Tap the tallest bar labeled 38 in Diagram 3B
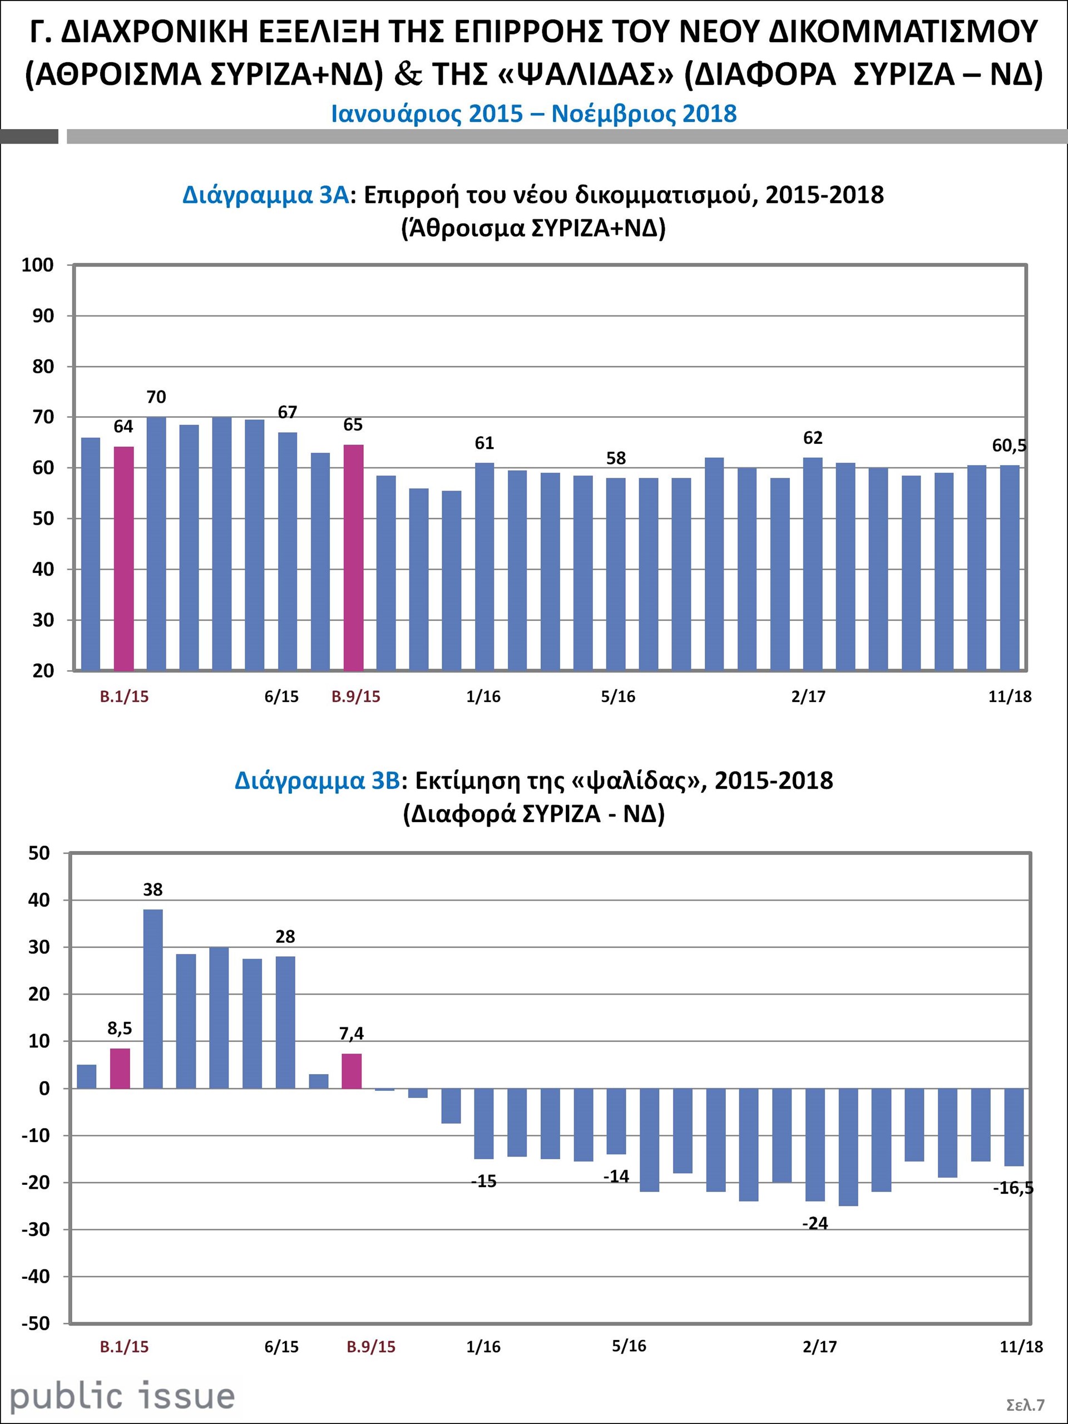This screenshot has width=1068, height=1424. [x=152, y=998]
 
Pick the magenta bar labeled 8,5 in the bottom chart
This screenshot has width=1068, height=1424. [x=120, y=1069]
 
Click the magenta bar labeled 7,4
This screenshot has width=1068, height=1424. [x=352, y=1071]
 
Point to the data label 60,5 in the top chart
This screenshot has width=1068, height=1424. [x=1009, y=446]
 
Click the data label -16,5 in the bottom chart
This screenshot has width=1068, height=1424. [x=1012, y=1188]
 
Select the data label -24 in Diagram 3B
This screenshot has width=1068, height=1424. [x=815, y=1223]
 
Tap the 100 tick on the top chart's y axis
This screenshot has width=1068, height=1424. [x=37, y=265]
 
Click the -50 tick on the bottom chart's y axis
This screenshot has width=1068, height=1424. [x=36, y=1323]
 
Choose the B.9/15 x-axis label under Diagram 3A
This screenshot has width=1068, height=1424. [x=355, y=696]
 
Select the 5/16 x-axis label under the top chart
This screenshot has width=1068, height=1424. [x=617, y=696]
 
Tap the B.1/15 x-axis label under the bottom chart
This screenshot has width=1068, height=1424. [x=123, y=1347]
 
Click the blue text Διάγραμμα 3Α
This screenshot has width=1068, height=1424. [x=265, y=195]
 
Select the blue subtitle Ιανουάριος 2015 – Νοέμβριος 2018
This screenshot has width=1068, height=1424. [x=533, y=114]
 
